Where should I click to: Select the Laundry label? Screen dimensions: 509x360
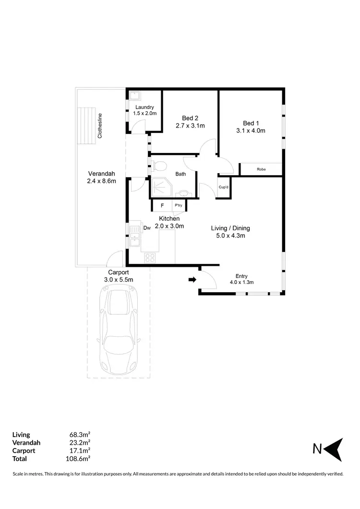click(x=144, y=107)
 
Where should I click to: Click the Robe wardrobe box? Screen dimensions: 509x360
click(x=261, y=169)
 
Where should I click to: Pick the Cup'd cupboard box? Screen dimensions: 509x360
click(x=223, y=187)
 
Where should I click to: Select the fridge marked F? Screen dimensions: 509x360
click(x=162, y=206)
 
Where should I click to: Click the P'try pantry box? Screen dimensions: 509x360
click(x=179, y=206)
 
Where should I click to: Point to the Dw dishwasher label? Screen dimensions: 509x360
click(x=147, y=228)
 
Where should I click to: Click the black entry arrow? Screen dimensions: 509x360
click(x=192, y=280)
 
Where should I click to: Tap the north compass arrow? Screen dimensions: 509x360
click(x=335, y=449)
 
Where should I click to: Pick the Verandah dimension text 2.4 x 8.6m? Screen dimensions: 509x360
click(x=101, y=181)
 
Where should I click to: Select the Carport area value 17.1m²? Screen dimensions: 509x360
click(x=80, y=450)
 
